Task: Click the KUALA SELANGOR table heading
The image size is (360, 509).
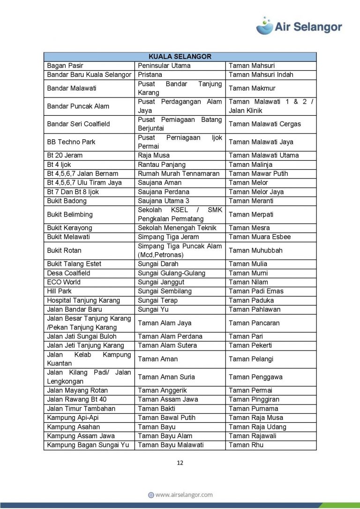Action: pos(180,57)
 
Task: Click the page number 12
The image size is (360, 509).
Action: pos(180,463)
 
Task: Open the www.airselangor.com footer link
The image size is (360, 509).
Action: pos(180,494)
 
